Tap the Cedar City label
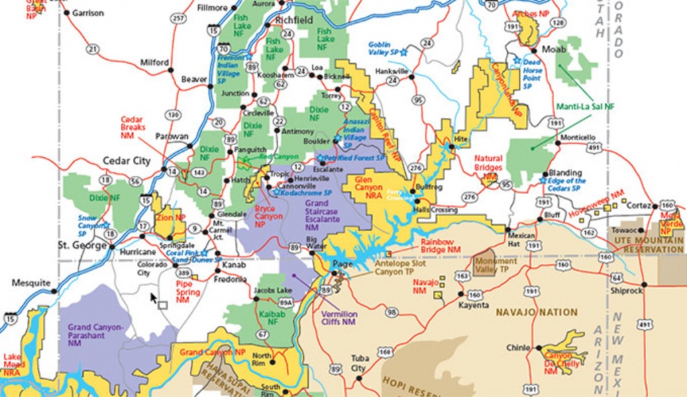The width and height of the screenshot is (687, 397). coord(125,161)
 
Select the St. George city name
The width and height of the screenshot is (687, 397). coord(83,245)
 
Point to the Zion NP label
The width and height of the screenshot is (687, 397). coord(171,218)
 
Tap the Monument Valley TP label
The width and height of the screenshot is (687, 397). coord(496,265)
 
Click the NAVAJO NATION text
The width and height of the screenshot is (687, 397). coord(536,312)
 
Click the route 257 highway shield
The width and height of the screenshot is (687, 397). coord(178,17)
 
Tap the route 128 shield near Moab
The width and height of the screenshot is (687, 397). coord(556,23)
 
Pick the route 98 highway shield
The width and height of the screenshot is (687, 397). coord(391,312)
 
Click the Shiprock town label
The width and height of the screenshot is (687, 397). coord(627,291)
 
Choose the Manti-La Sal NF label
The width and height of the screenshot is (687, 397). coord(585,106)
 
